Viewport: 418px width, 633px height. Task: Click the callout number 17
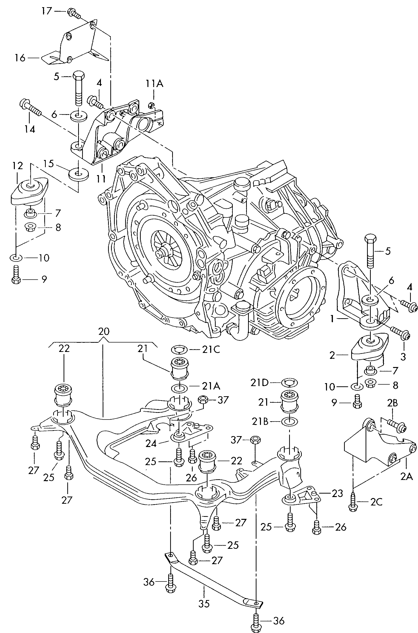(46, 11)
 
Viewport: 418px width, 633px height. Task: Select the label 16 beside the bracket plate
(20, 57)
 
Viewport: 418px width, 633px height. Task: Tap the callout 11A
(154, 84)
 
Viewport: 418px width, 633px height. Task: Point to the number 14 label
(30, 129)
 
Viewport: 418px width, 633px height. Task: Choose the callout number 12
(18, 166)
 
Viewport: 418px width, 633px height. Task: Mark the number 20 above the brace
(104, 331)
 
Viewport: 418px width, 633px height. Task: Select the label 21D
(259, 383)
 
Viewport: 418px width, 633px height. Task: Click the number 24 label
(151, 444)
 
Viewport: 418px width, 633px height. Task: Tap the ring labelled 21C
(179, 349)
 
